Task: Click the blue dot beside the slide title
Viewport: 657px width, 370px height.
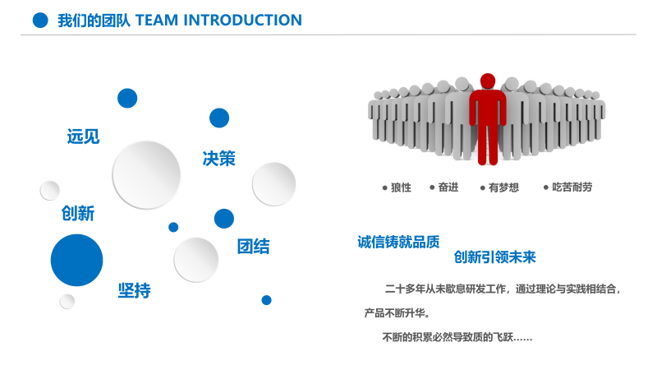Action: tap(40, 21)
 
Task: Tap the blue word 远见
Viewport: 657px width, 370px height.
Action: tap(83, 136)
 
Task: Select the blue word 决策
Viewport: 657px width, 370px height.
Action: tap(219, 159)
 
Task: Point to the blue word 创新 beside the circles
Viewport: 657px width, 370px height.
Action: tap(78, 214)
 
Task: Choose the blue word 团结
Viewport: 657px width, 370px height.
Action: tap(253, 247)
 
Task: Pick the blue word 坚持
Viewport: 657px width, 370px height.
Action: tap(135, 290)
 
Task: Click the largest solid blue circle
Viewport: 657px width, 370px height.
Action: tap(76, 260)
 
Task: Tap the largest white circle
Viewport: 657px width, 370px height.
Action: tap(146, 175)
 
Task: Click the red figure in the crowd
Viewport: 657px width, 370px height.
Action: tap(487, 119)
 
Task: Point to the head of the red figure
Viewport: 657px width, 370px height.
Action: tap(488, 81)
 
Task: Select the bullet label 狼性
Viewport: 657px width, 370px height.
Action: tap(401, 187)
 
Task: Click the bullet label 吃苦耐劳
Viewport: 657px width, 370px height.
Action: tap(572, 187)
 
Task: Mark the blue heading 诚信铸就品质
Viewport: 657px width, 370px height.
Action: tap(398, 242)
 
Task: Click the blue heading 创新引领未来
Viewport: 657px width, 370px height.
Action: tap(494, 257)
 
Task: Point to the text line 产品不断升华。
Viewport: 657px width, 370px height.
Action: tap(397, 313)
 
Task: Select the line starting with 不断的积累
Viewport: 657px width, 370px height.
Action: tap(457, 337)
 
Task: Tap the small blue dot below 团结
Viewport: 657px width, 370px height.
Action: tap(266, 300)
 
